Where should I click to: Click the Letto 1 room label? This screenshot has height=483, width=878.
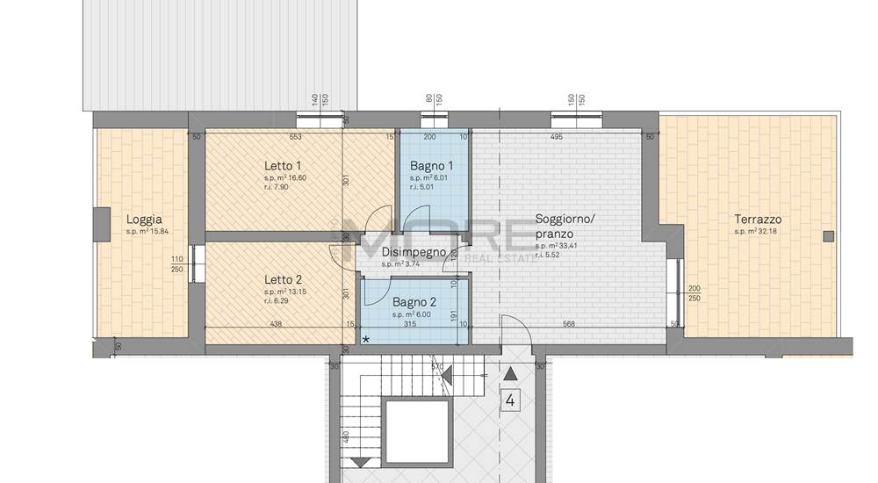[x=283, y=165]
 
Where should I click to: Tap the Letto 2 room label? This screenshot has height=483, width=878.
[x=283, y=280]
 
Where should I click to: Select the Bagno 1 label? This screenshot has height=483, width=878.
[x=432, y=165]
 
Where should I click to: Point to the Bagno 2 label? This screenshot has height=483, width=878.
[x=414, y=301]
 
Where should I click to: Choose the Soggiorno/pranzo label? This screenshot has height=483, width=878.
[x=565, y=226]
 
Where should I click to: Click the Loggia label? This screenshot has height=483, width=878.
[x=144, y=220]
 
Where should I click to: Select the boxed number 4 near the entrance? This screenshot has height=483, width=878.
[x=510, y=401]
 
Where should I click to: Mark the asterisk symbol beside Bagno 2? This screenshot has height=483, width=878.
[x=365, y=339]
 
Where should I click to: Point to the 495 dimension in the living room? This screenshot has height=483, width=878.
[x=556, y=137]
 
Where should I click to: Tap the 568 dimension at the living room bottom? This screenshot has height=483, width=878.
[x=568, y=324]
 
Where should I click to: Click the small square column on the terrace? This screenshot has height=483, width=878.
[x=828, y=235]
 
